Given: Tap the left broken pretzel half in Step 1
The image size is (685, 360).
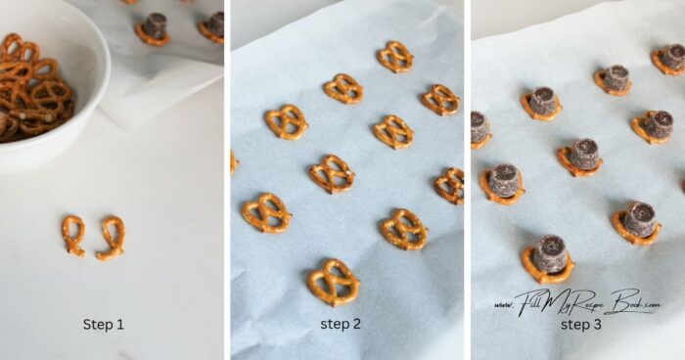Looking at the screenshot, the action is (73, 235).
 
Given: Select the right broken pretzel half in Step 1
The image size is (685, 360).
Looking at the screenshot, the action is (112, 238).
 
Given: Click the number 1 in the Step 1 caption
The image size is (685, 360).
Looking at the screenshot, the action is (119, 325).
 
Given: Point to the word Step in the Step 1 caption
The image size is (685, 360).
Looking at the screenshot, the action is (97, 326).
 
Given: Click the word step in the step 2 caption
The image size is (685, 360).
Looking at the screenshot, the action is (335, 325).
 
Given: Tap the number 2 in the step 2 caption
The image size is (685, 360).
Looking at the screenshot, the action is (356, 324).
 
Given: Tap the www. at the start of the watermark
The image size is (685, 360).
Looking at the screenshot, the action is (504, 305).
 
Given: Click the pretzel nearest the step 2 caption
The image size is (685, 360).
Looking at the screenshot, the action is (334, 283).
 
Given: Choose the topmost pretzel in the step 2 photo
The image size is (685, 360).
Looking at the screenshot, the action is (395, 57).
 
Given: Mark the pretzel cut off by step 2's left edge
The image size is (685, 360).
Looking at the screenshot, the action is (234, 161).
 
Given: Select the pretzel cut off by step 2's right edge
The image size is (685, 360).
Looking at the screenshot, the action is (450, 186).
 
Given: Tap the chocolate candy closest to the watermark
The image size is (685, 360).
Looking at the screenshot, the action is (550, 253).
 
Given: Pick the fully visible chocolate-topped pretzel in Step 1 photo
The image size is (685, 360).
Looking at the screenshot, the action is (154, 29).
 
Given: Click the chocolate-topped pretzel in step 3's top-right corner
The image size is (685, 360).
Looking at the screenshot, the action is (669, 59).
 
